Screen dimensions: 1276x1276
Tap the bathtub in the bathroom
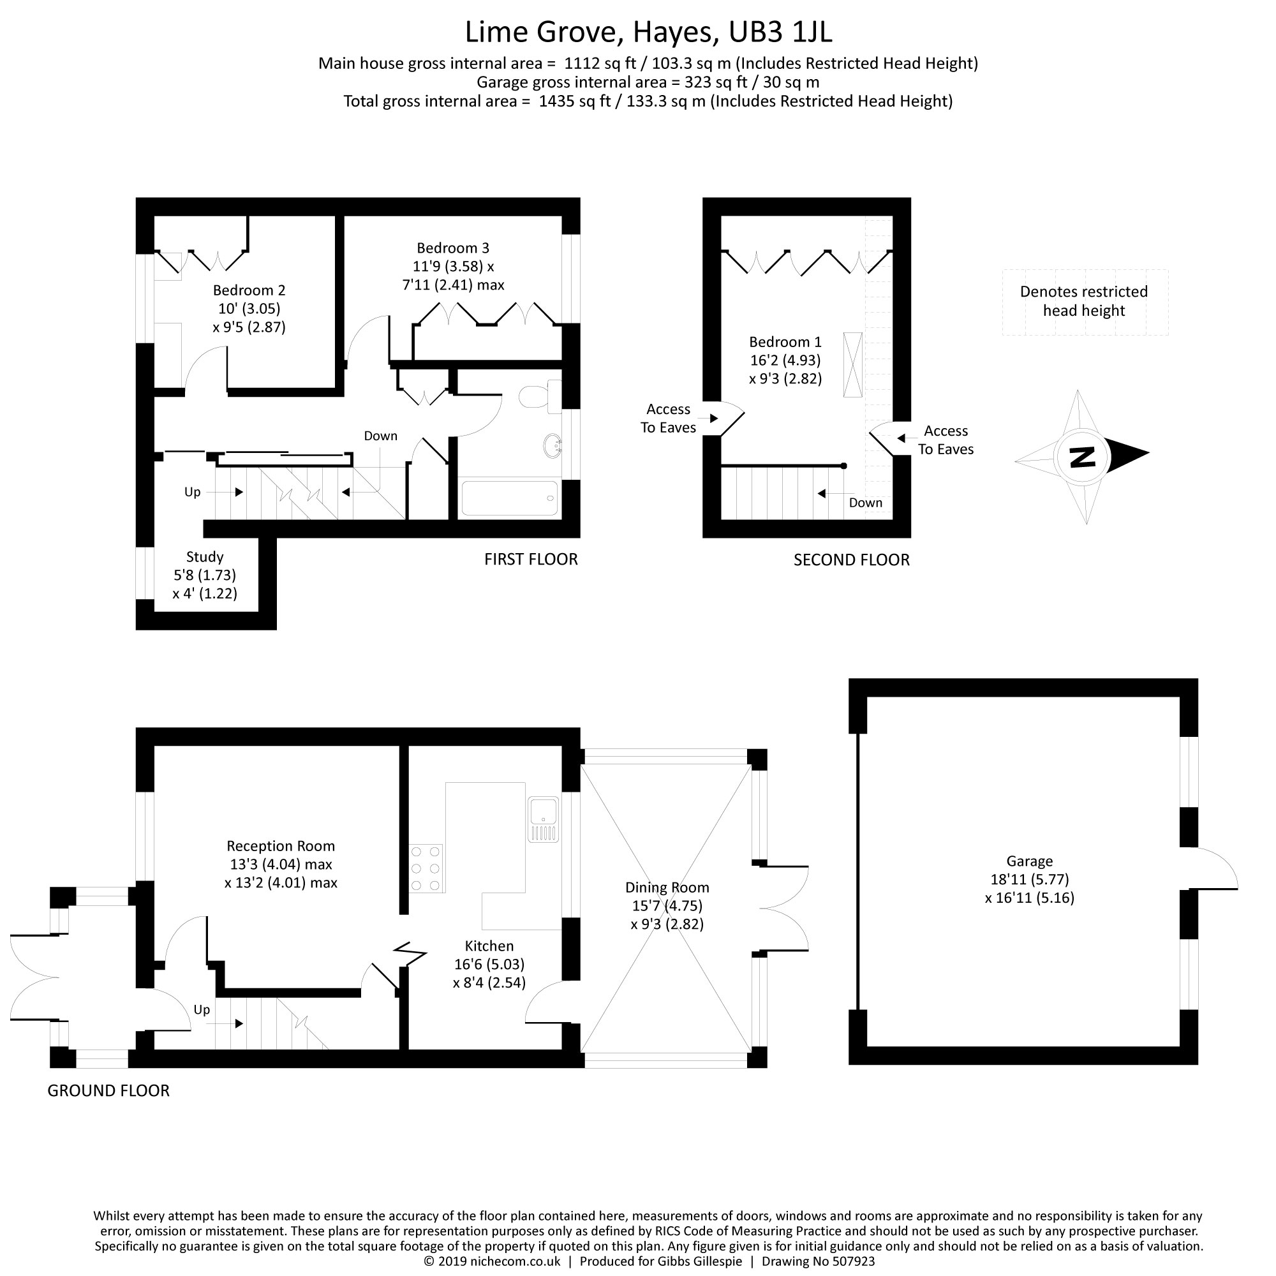pyautogui.click(x=509, y=498)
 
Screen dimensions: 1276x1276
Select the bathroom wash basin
pyautogui.click(x=552, y=447)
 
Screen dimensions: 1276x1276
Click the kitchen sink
pyautogui.click(x=544, y=819)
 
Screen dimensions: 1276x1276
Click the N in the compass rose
pyautogui.click(x=1082, y=456)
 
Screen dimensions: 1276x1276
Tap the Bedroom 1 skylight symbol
pyautogui.click(x=852, y=364)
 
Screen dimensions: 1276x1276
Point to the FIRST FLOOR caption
pyautogui.click(x=530, y=560)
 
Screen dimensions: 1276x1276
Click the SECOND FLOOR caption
pyautogui.click(x=851, y=560)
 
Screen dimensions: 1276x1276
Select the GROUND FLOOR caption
pyautogui.click(x=108, y=1090)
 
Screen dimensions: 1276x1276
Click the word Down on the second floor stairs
pyautogui.click(x=865, y=503)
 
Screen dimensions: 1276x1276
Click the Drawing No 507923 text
pyautogui.click(x=819, y=1261)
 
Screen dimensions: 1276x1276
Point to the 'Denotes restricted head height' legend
pyautogui.click(x=1084, y=301)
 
